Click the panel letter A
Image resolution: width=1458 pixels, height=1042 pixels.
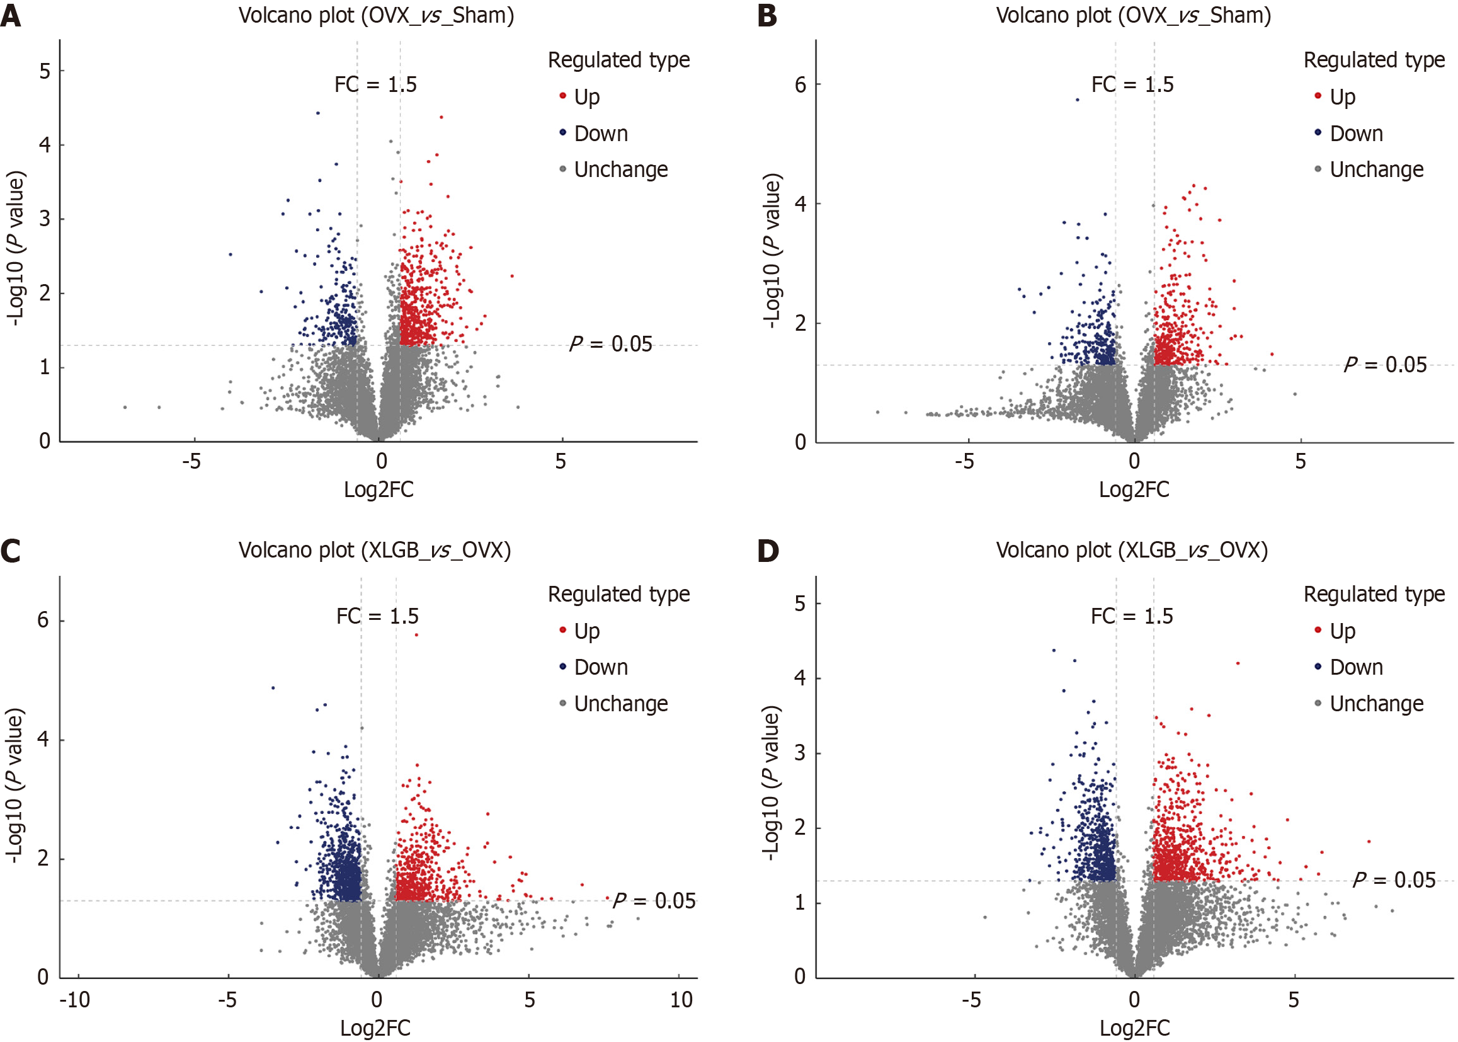(11, 16)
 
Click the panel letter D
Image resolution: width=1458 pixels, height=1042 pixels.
(768, 551)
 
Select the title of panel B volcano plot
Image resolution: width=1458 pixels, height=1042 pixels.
(1133, 14)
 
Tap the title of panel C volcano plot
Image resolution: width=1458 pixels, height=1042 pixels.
(375, 550)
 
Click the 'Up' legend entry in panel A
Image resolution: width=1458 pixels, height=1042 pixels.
(586, 97)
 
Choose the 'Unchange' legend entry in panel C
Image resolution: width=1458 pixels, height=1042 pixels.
(620, 704)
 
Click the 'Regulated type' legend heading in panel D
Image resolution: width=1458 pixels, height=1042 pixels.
(1374, 594)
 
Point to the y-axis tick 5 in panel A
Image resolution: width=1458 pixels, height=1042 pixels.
(44, 71)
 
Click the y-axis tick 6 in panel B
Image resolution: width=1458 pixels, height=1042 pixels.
(800, 84)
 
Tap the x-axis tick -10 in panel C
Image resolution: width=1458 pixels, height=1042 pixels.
(74, 1000)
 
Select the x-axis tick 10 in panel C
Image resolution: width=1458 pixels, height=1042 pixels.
(681, 1000)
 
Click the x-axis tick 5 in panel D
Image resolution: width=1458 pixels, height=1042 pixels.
(1293, 1000)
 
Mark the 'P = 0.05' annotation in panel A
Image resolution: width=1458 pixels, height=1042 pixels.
(611, 344)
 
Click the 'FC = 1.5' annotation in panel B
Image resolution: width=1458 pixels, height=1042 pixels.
(1132, 84)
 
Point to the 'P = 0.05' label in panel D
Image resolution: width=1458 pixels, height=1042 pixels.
(1394, 879)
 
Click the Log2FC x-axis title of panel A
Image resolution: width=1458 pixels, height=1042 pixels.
(379, 490)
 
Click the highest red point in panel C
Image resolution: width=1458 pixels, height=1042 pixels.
(416, 634)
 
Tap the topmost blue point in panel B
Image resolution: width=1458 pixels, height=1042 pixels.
(1078, 100)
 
